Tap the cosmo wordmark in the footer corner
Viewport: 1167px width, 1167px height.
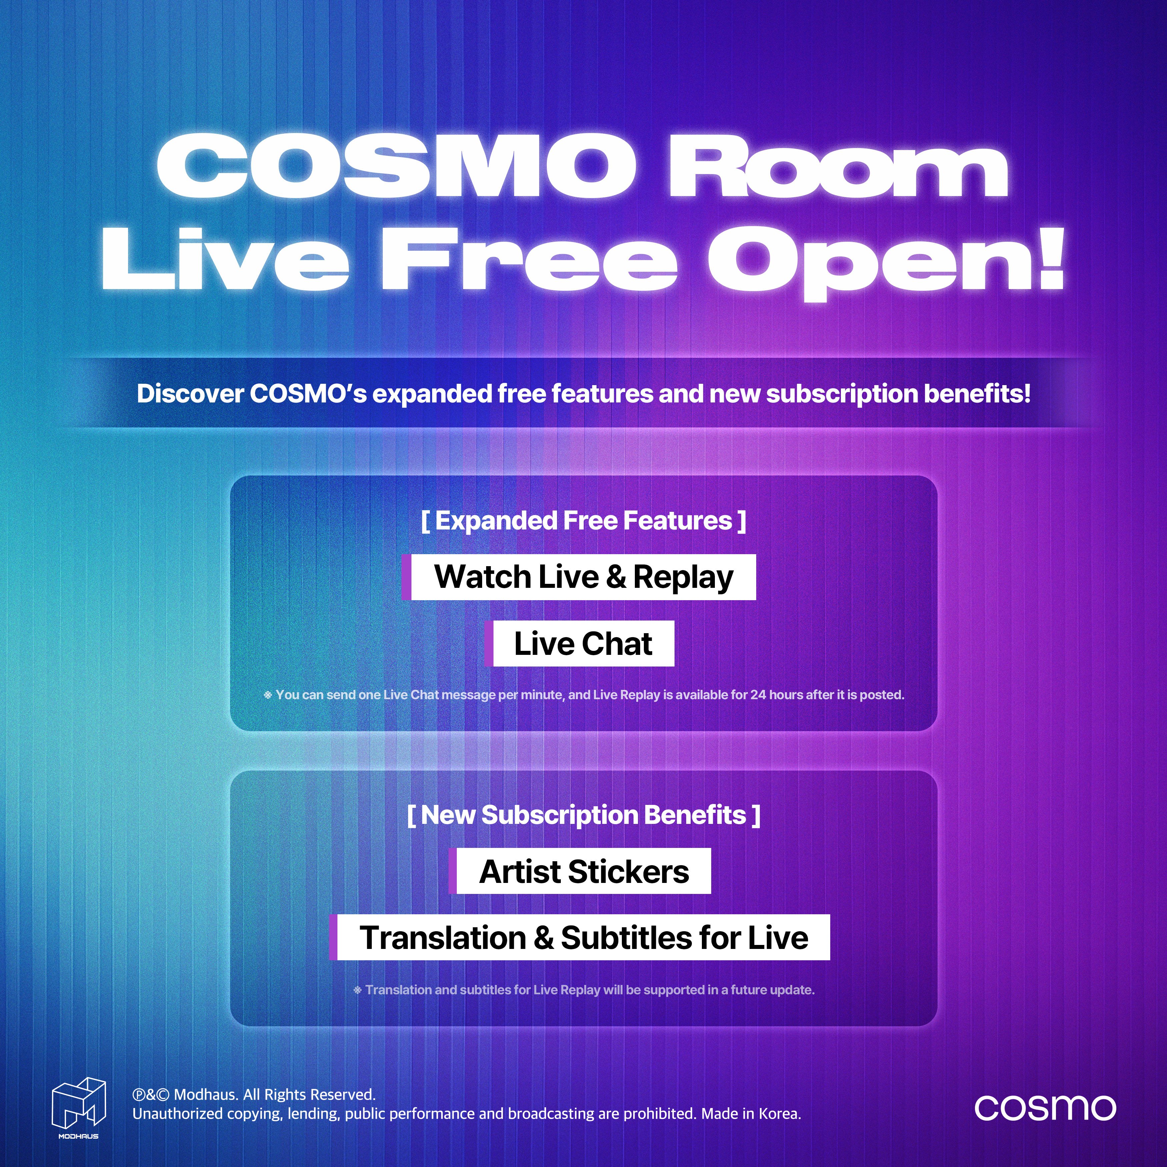(1045, 1107)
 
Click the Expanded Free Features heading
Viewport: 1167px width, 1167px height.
(583, 521)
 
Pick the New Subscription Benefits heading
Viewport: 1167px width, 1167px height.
(583, 815)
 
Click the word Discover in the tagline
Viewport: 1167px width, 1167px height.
(190, 394)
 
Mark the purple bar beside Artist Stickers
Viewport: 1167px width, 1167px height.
(452, 871)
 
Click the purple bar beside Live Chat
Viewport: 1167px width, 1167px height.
(489, 643)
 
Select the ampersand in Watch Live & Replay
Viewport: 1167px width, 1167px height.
(616, 577)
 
